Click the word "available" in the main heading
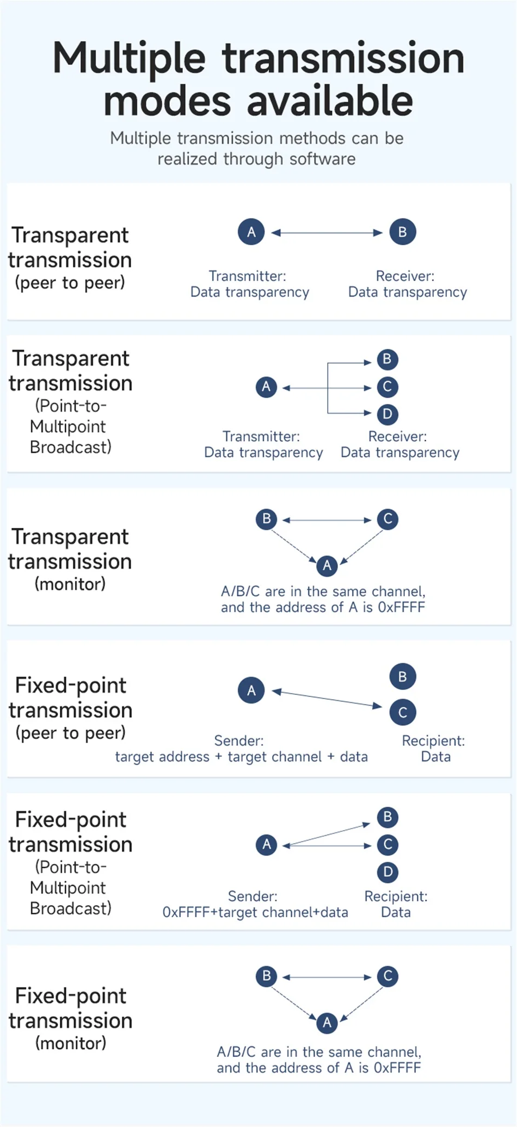pos(330,101)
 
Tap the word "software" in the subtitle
pos(323,159)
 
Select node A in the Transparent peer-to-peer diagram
pos(251,232)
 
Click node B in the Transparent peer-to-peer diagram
pos(403,232)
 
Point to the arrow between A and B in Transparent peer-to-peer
pos(327,233)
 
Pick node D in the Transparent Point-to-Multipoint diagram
pos(387,414)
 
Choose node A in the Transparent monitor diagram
pos(327,565)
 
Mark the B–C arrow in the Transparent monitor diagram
pos(327,520)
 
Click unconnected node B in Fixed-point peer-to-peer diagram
pos(403,677)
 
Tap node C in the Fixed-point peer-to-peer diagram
pos(403,712)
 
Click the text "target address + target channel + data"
pos(241,757)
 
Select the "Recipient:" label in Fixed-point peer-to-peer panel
pos(433,740)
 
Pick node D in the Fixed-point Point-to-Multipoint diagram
pos(387,872)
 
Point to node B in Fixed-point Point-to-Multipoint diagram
pos(387,817)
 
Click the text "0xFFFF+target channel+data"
pos(255,912)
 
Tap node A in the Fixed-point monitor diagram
pos(327,1023)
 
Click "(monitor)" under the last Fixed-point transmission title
pos(71,1043)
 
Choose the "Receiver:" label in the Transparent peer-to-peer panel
pos(405,276)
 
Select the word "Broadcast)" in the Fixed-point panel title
pos(71,908)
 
